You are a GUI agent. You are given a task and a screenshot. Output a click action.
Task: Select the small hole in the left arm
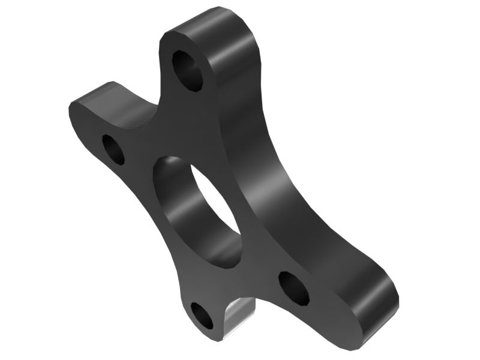113,149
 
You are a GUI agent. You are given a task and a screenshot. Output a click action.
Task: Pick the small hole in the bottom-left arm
202,316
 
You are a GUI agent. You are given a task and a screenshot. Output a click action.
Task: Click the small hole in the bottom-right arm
293,287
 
